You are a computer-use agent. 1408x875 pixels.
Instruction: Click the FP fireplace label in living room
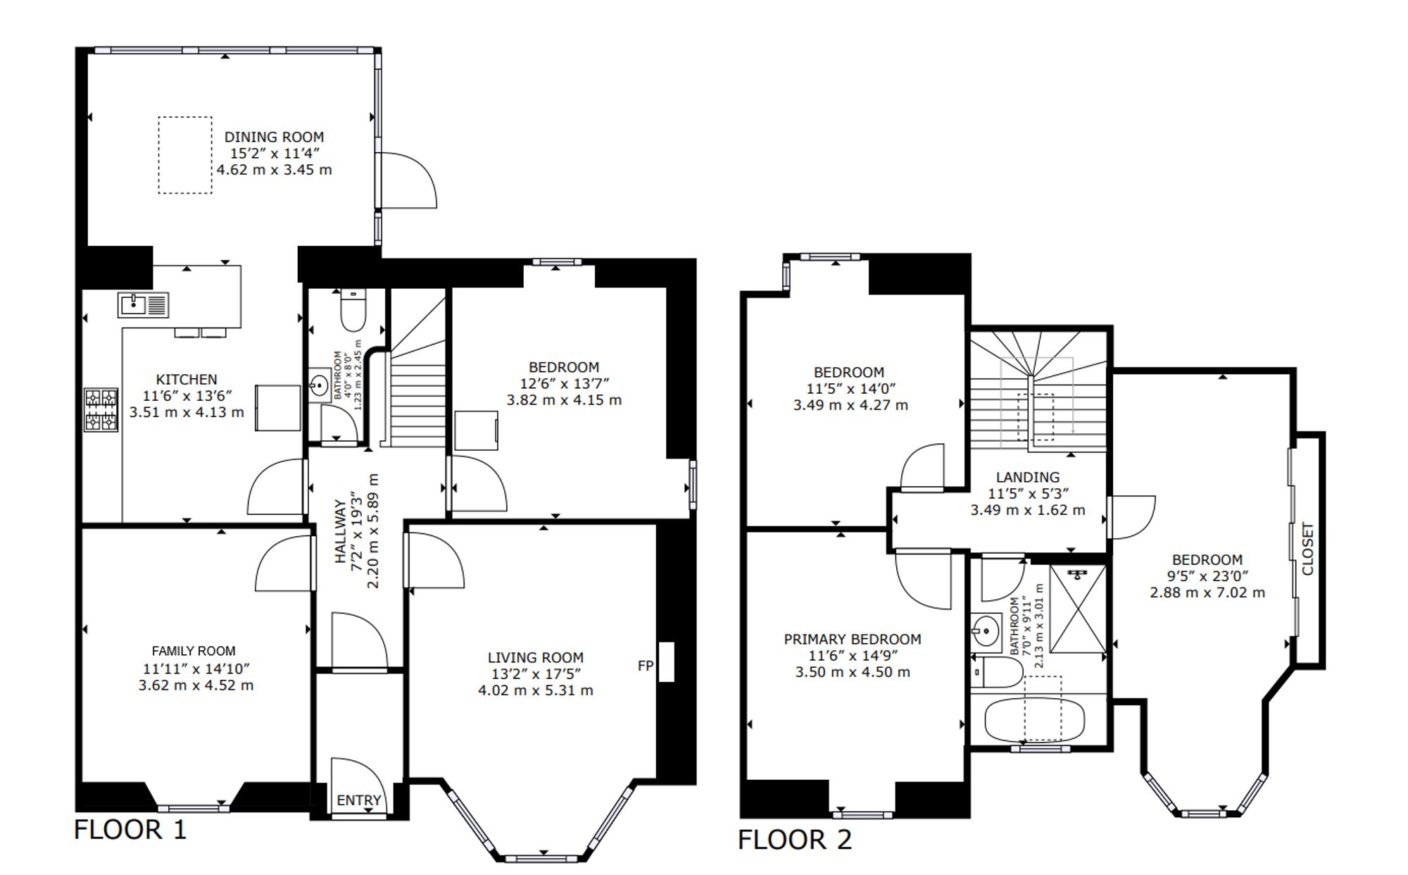645,666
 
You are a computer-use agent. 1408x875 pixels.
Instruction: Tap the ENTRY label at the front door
359,800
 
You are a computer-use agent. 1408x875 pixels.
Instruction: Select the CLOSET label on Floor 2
1307,549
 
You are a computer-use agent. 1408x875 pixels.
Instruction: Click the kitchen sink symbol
144,304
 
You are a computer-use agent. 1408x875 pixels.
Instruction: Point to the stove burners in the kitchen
101,409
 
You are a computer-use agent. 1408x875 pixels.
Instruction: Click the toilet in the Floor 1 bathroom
353,309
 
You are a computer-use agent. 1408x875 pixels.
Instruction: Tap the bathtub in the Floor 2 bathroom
1034,720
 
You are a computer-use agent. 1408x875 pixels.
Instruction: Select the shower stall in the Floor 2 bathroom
1077,609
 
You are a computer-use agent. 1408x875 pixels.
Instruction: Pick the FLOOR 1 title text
130,829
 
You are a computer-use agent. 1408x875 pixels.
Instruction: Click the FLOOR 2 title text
795,840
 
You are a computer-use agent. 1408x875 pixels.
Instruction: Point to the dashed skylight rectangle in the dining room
185,155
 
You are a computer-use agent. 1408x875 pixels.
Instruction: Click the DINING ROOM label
274,137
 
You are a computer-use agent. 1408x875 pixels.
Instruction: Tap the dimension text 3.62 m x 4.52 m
196,685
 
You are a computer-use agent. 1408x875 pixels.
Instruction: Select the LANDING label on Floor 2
1028,477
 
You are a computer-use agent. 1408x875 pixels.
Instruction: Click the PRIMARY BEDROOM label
853,639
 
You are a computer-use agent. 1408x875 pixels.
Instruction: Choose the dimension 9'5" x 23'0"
1207,576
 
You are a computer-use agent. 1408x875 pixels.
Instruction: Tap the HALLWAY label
341,532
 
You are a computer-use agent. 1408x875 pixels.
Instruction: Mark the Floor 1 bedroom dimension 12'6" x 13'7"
564,383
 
